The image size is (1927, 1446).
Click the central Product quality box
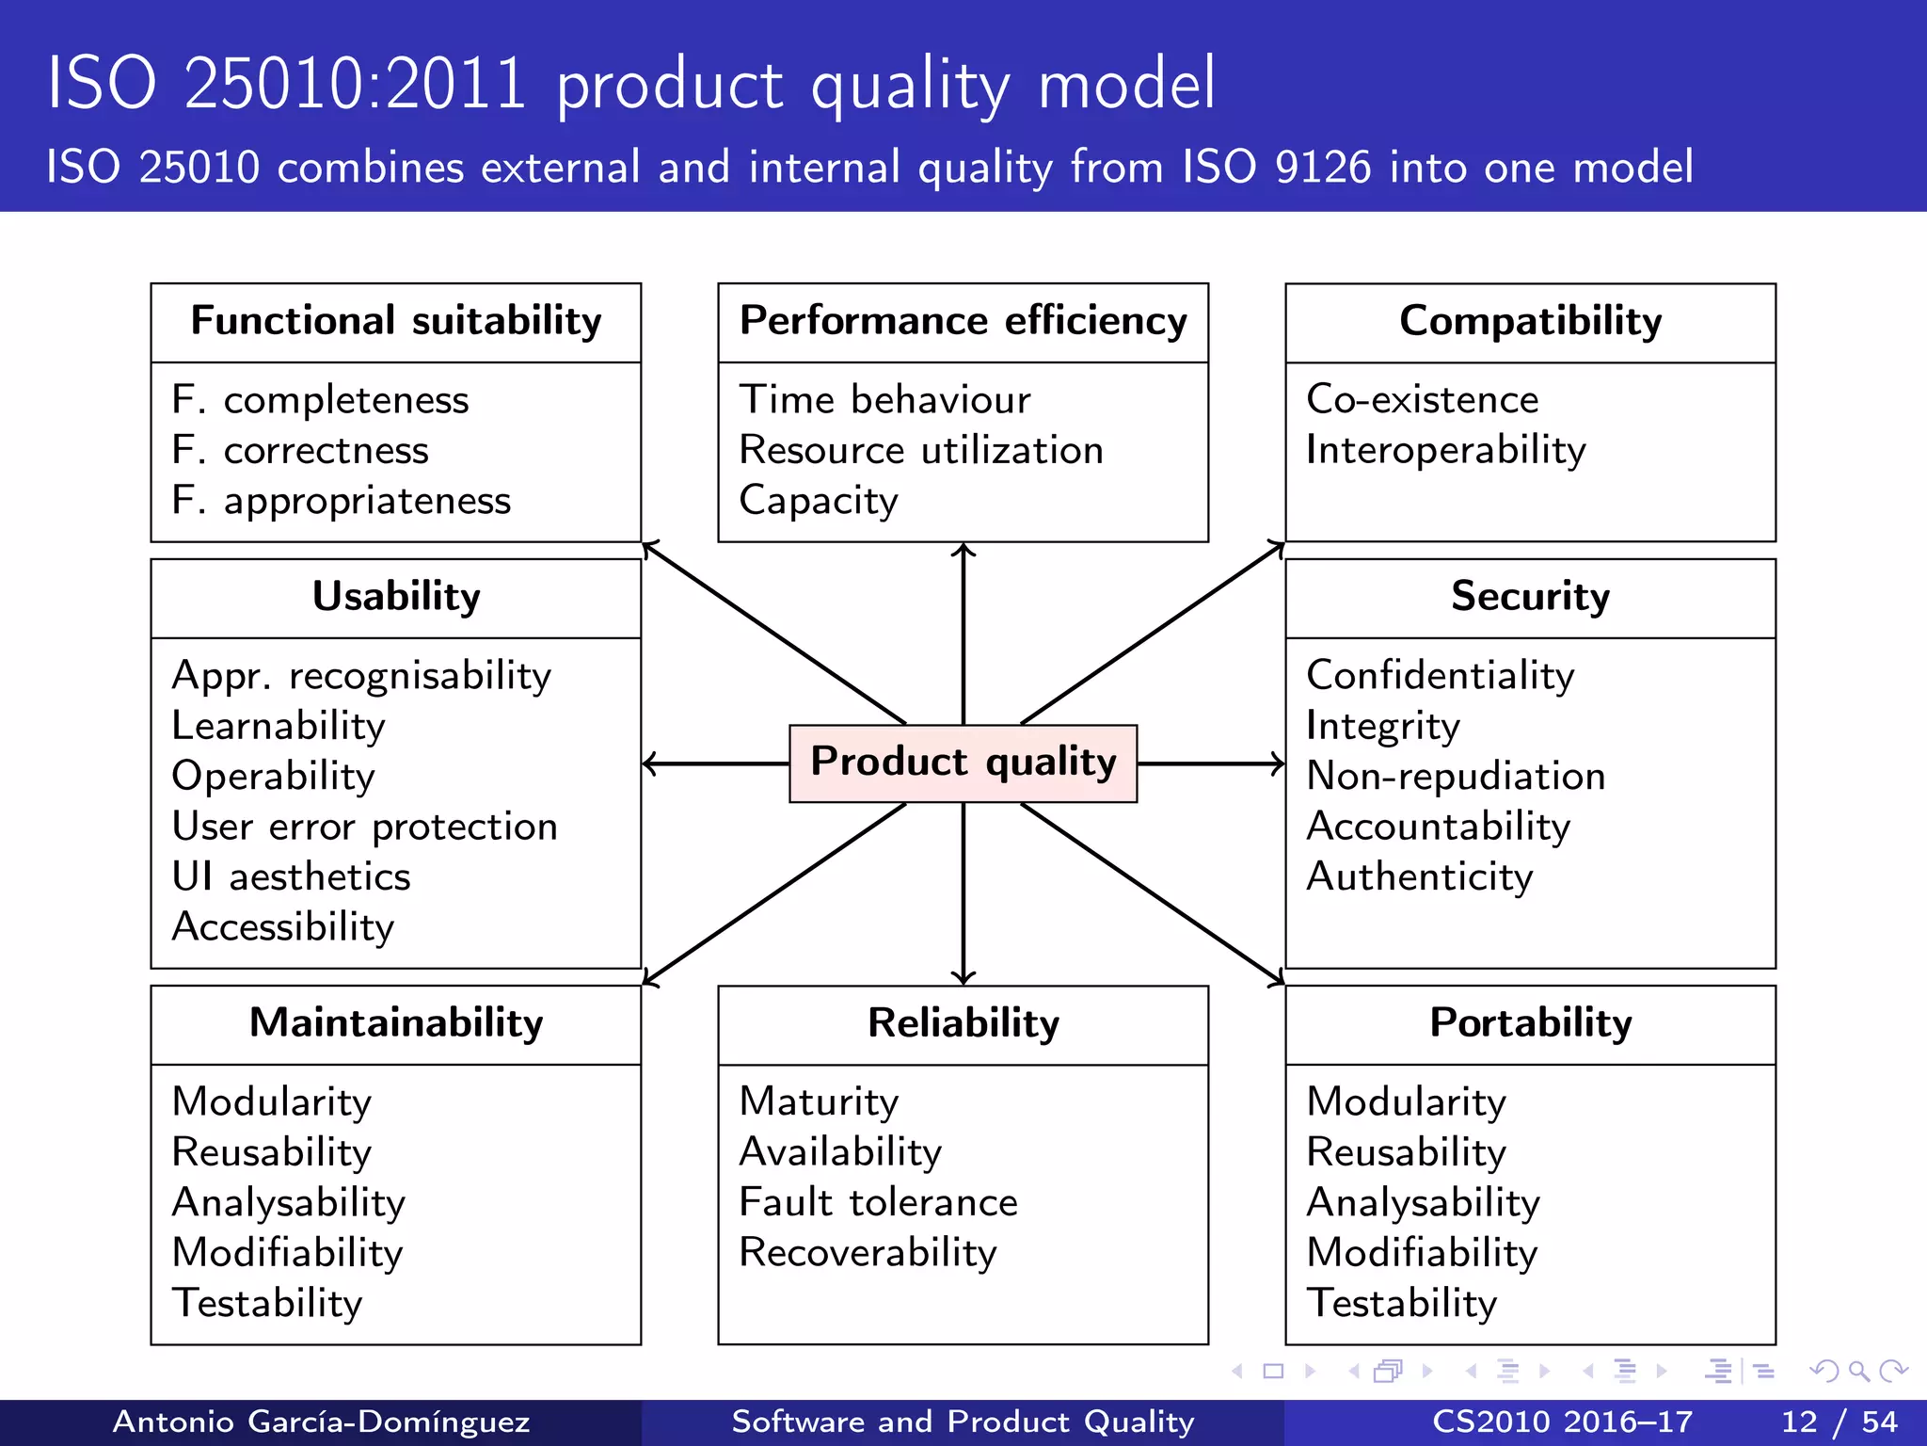coord(963,763)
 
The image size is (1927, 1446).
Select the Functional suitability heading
coord(396,321)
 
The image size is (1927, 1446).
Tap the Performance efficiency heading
coord(963,321)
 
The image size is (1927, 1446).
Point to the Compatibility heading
coord(1530,321)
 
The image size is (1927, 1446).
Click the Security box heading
coord(1530,597)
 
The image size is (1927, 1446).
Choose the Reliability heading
coord(963,1023)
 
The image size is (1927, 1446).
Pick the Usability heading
coord(396,597)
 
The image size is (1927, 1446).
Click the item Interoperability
coord(1445,451)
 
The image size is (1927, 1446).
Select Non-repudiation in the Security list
coord(1456,777)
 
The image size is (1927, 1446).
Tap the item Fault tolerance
coord(878,1203)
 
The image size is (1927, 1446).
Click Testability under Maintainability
coord(267,1304)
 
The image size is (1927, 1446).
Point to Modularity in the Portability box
coord(1406,1102)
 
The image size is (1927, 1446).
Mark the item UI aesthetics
coord(291,877)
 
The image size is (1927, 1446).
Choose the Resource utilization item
coord(920,451)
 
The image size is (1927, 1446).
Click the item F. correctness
coord(300,451)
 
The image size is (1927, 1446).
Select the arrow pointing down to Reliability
coord(963,894)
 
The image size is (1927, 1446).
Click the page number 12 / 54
coord(1839,1422)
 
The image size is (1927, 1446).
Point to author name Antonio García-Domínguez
coord(321,1422)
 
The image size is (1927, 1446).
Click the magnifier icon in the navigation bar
coord(1858,1371)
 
